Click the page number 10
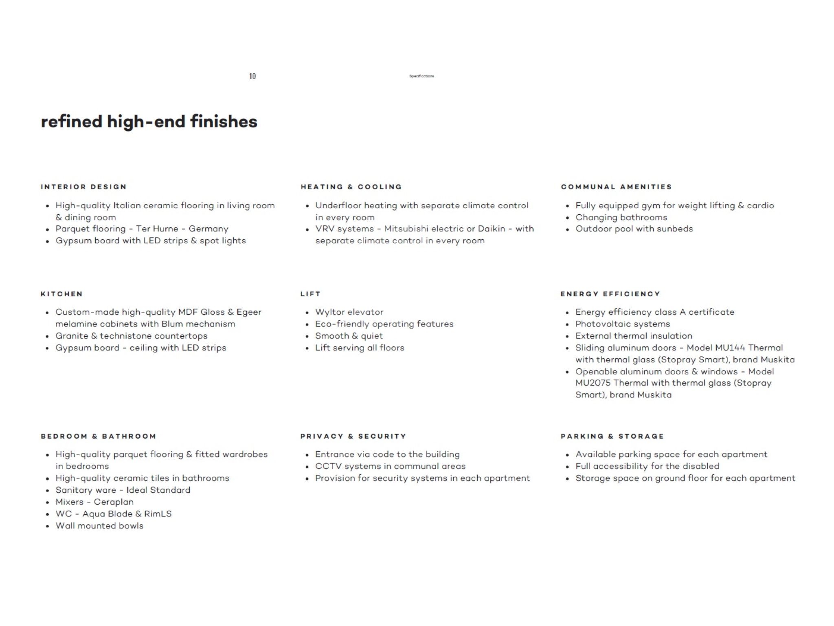[252, 76]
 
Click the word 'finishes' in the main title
[224, 121]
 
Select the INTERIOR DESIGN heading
[83, 187]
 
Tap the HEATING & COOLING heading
[351, 187]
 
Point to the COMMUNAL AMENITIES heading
[616, 187]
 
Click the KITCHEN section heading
[61, 294]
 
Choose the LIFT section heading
[310, 294]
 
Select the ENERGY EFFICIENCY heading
[610, 294]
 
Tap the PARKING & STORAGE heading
[612, 436]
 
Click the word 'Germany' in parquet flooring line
[208, 229]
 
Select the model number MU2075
[593, 383]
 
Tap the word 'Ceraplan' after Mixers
[114, 502]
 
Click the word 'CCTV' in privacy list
[328, 466]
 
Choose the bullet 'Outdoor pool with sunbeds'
[634, 229]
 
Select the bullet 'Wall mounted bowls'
[99, 526]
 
